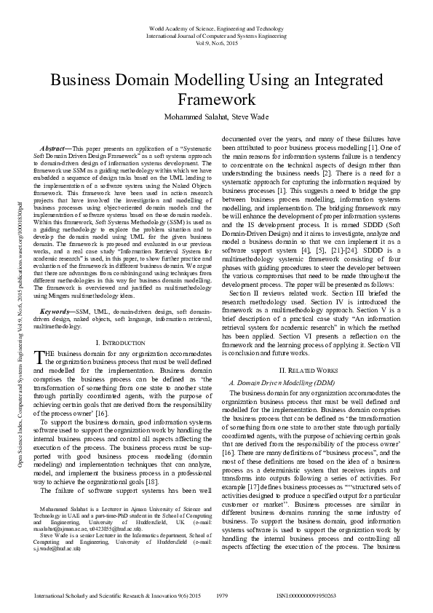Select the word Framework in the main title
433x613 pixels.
point(216,100)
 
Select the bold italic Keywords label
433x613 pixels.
point(57,310)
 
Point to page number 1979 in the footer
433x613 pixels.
point(224,596)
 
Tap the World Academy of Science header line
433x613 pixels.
point(216,28)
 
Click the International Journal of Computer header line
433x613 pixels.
point(216,35)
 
